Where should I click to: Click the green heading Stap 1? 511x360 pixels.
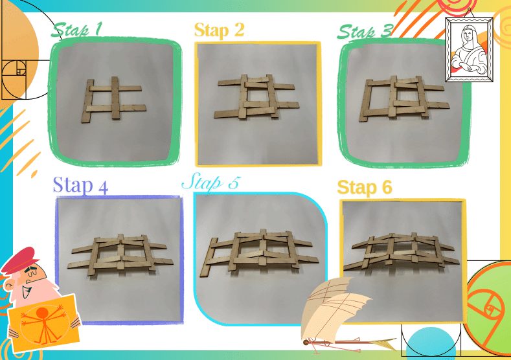pyautogui.click(x=76, y=30)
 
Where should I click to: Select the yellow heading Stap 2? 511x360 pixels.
pyautogui.click(x=219, y=30)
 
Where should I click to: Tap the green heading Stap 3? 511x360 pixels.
pyautogui.click(x=365, y=32)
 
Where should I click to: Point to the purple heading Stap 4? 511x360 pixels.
pyautogui.click(x=80, y=185)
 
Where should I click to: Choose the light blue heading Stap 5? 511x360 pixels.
pyautogui.click(x=211, y=182)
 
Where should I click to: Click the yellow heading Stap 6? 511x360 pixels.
pyautogui.click(x=365, y=188)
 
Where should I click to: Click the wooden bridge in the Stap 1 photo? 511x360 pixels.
pyautogui.click(x=113, y=98)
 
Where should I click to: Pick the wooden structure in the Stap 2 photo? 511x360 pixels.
pyautogui.click(x=256, y=96)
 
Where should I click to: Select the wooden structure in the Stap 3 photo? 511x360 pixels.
pyautogui.click(x=404, y=98)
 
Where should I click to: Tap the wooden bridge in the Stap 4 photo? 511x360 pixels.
pyautogui.click(x=120, y=254)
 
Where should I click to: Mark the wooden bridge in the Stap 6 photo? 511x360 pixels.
pyautogui.click(x=402, y=251)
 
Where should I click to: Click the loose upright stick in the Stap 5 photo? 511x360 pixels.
pyautogui.click(x=209, y=258)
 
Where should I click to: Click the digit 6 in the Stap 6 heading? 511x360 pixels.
pyautogui.click(x=386, y=187)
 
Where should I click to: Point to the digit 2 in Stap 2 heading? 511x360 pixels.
pyautogui.click(x=239, y=30)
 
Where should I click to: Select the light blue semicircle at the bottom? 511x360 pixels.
pyautogui.click(x=431, y=344)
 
